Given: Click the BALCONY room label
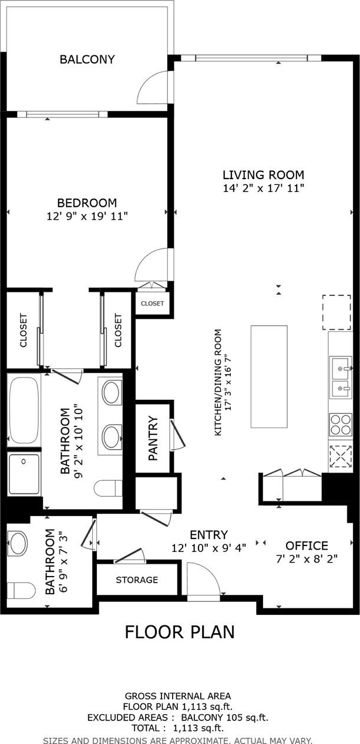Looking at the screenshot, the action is point(87,59).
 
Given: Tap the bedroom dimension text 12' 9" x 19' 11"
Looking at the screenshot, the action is point(87,217).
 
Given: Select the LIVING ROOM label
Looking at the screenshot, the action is point(263,175).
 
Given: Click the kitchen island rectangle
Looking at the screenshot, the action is point(269,376).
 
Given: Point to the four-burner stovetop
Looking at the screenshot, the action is point(341,424).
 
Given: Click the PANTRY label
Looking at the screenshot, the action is point(153,437).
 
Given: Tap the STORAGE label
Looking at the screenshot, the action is point(137,580).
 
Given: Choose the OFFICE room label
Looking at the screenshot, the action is point(307,546).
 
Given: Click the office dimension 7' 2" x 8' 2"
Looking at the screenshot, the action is point(307,558).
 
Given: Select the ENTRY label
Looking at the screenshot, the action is point(209,534).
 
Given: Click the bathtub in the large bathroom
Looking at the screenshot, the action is point(23,409).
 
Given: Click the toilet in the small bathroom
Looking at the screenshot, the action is point(21,590).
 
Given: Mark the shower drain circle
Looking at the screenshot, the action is point(23,462).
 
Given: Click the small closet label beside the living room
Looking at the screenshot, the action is point(153,303).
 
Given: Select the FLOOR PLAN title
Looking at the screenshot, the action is point(180,632).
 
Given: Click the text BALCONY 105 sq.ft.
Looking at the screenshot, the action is point(224,718).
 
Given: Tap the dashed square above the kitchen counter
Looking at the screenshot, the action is point(337,312).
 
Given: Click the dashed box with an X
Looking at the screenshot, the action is point(341,457).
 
